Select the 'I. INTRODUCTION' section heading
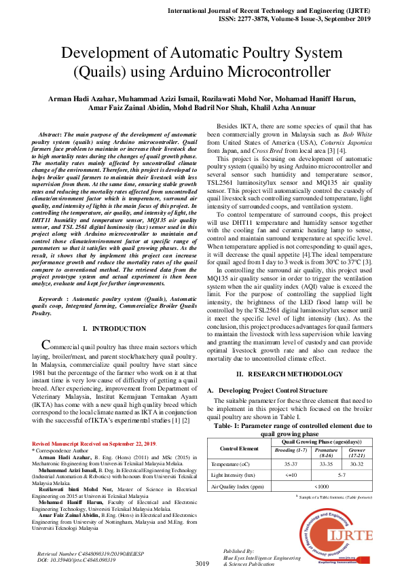109,329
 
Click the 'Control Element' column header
240,448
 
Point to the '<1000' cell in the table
322,486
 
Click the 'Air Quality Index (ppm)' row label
238,486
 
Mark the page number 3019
202,564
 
